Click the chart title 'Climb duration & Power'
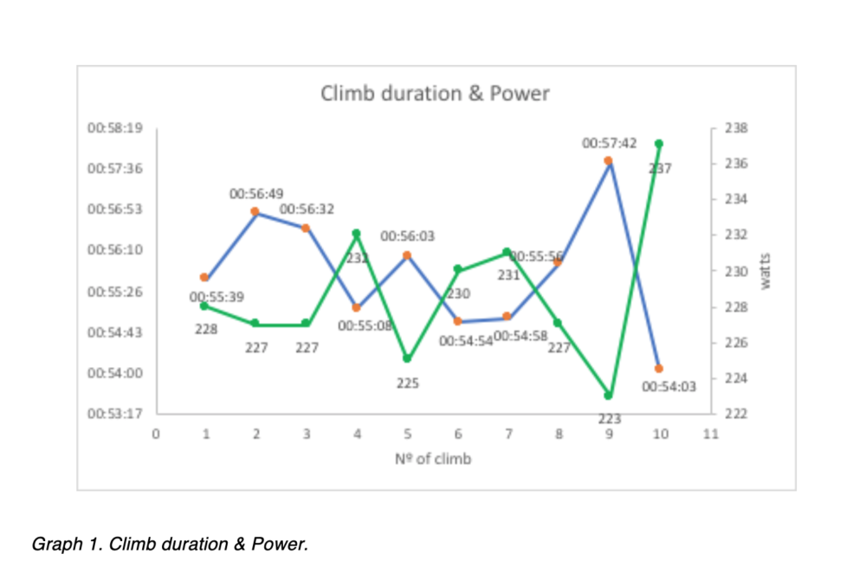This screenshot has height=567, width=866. (x=435, y=93)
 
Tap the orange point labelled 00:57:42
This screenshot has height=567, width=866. (x=608, y=160)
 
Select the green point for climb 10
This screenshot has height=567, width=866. (x=659, y=144)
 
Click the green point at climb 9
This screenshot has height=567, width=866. (x=608, y=396)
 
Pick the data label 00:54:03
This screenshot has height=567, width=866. (x=669, y=388)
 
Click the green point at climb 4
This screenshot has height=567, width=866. (x=356, y=234)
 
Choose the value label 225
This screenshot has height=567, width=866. (x=408, y=383)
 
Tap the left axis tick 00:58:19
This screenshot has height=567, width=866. (x=115, y=128)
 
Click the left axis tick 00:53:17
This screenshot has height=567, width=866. (x=115, y=414)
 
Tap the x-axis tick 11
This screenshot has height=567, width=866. (x=711, y=435)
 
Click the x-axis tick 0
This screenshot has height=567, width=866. (x=156, y=435)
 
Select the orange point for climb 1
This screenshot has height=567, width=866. (x=204, y=277)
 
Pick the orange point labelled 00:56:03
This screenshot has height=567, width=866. (x=407, y=255)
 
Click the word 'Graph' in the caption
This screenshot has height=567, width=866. (x=51, y=544)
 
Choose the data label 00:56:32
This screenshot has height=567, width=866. (x=307, y=209)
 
